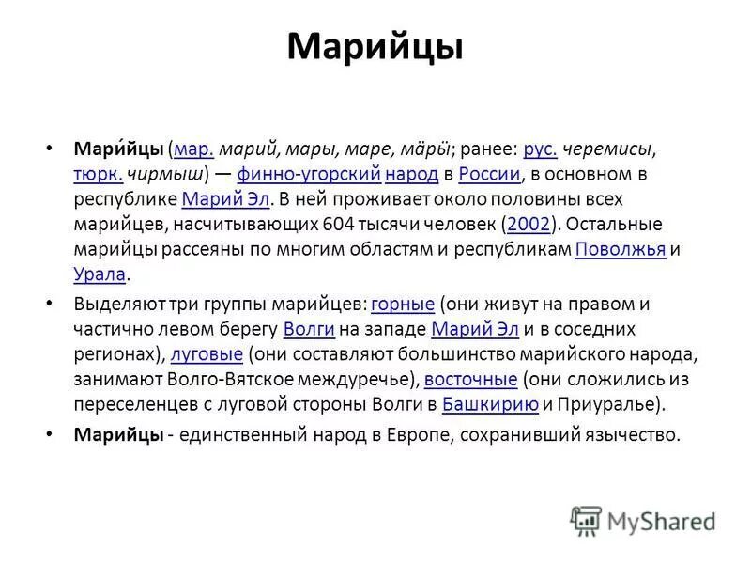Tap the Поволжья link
tap(620, 249)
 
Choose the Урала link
tap(100, 274)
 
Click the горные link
tap(403, 304)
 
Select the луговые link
tap(207, 354)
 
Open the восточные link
tap(471, 380)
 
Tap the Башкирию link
tap(490, 405)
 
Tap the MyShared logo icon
tap(586, 520)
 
